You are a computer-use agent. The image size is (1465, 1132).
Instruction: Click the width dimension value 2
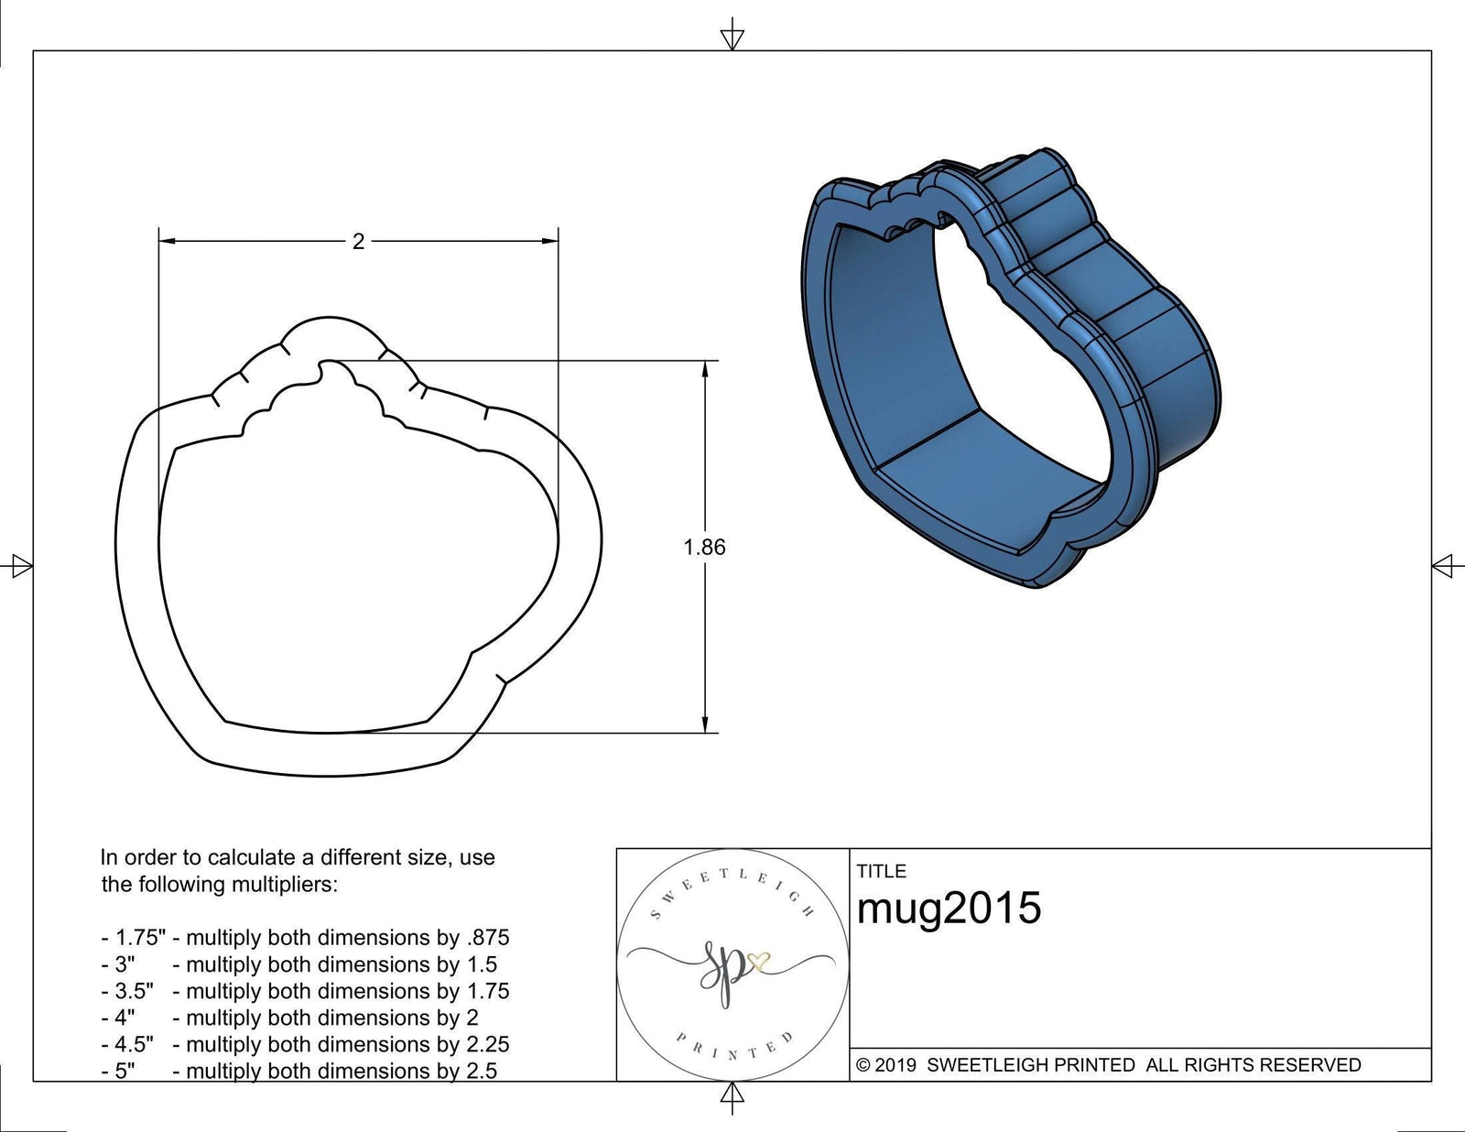tap(358, 241)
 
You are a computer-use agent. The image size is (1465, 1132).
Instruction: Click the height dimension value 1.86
tap(704, 547)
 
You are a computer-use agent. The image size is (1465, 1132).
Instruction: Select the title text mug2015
tap(949, 909)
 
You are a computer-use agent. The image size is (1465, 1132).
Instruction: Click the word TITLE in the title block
tap(881, 871)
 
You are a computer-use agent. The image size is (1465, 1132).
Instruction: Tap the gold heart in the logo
tap(759, 962)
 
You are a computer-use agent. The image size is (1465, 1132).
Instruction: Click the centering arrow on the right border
tap(1444, 565)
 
